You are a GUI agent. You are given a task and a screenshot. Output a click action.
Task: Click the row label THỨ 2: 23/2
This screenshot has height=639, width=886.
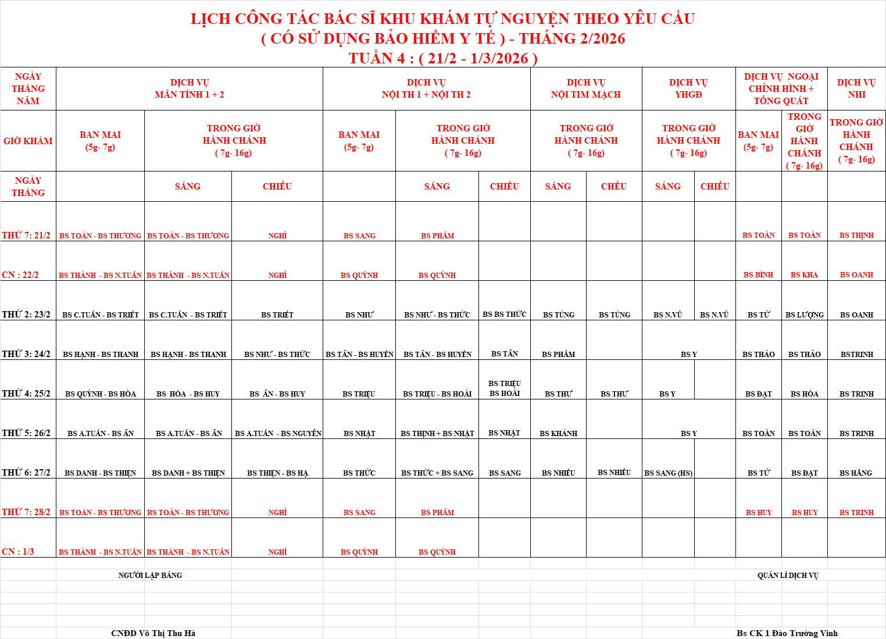(x=26, y=315)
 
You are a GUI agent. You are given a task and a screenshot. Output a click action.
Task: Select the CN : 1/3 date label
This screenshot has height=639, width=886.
(x=18, y=551)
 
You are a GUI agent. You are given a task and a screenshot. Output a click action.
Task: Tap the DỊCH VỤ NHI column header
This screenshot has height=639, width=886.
(x=856, y=88)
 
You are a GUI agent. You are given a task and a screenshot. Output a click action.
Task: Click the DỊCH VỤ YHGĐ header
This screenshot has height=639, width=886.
(x=688, y=88)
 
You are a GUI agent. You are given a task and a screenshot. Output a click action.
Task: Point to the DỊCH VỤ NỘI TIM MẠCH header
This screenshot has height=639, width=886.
(x=585, y=88)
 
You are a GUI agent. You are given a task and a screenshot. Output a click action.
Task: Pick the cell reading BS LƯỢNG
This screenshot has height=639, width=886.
(x=804, y=315)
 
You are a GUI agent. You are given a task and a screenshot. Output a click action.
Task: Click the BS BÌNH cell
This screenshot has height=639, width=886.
(x=758, y=274)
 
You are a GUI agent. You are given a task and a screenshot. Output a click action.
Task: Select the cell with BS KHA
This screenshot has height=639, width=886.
(x=804, y=274)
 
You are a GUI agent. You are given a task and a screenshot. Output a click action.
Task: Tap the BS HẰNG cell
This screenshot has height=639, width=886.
(x=856, y=473)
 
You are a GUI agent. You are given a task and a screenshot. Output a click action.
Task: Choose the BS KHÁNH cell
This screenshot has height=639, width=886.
(x=558, y=433)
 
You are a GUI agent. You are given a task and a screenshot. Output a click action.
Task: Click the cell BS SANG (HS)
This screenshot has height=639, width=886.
(x=668, y=473)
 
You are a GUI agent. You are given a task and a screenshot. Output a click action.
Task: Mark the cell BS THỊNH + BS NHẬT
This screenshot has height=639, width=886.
(x=437, y=433)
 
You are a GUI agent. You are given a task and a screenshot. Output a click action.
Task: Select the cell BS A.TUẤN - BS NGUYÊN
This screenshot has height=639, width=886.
(x=278, y=433)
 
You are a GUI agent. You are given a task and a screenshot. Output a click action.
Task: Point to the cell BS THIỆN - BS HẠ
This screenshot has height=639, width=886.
(x=277, y=473)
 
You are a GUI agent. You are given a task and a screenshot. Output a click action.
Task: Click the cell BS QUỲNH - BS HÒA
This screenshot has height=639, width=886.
(x=101, y=394)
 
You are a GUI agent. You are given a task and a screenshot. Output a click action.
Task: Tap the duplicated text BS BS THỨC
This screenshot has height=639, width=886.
(x=504, y=314)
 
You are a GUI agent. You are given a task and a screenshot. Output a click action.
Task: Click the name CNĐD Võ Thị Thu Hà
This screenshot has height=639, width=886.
(x=153, y=633)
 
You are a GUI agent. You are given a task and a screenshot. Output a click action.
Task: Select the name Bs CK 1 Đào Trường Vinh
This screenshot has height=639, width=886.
(x=787, y=633)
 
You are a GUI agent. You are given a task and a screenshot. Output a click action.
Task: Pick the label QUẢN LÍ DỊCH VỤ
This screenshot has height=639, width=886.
(x=787, y=575)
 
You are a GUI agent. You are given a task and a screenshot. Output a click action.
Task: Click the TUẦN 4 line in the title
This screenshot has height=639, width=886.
(x=443, y=58)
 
